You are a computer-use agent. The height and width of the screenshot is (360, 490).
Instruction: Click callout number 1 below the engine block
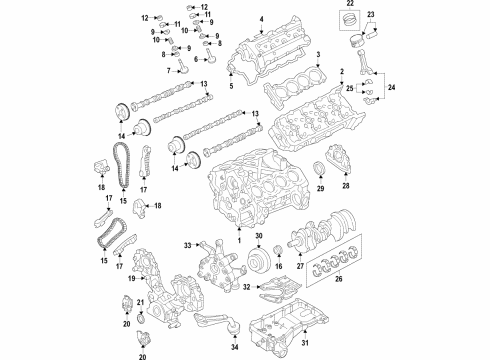click(238, 237)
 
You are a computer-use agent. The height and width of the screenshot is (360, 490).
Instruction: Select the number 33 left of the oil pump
click(187, 246)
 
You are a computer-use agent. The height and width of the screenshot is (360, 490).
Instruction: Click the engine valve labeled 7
click(184, 69)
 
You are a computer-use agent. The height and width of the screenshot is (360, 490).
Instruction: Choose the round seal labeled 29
click(321, 165)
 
